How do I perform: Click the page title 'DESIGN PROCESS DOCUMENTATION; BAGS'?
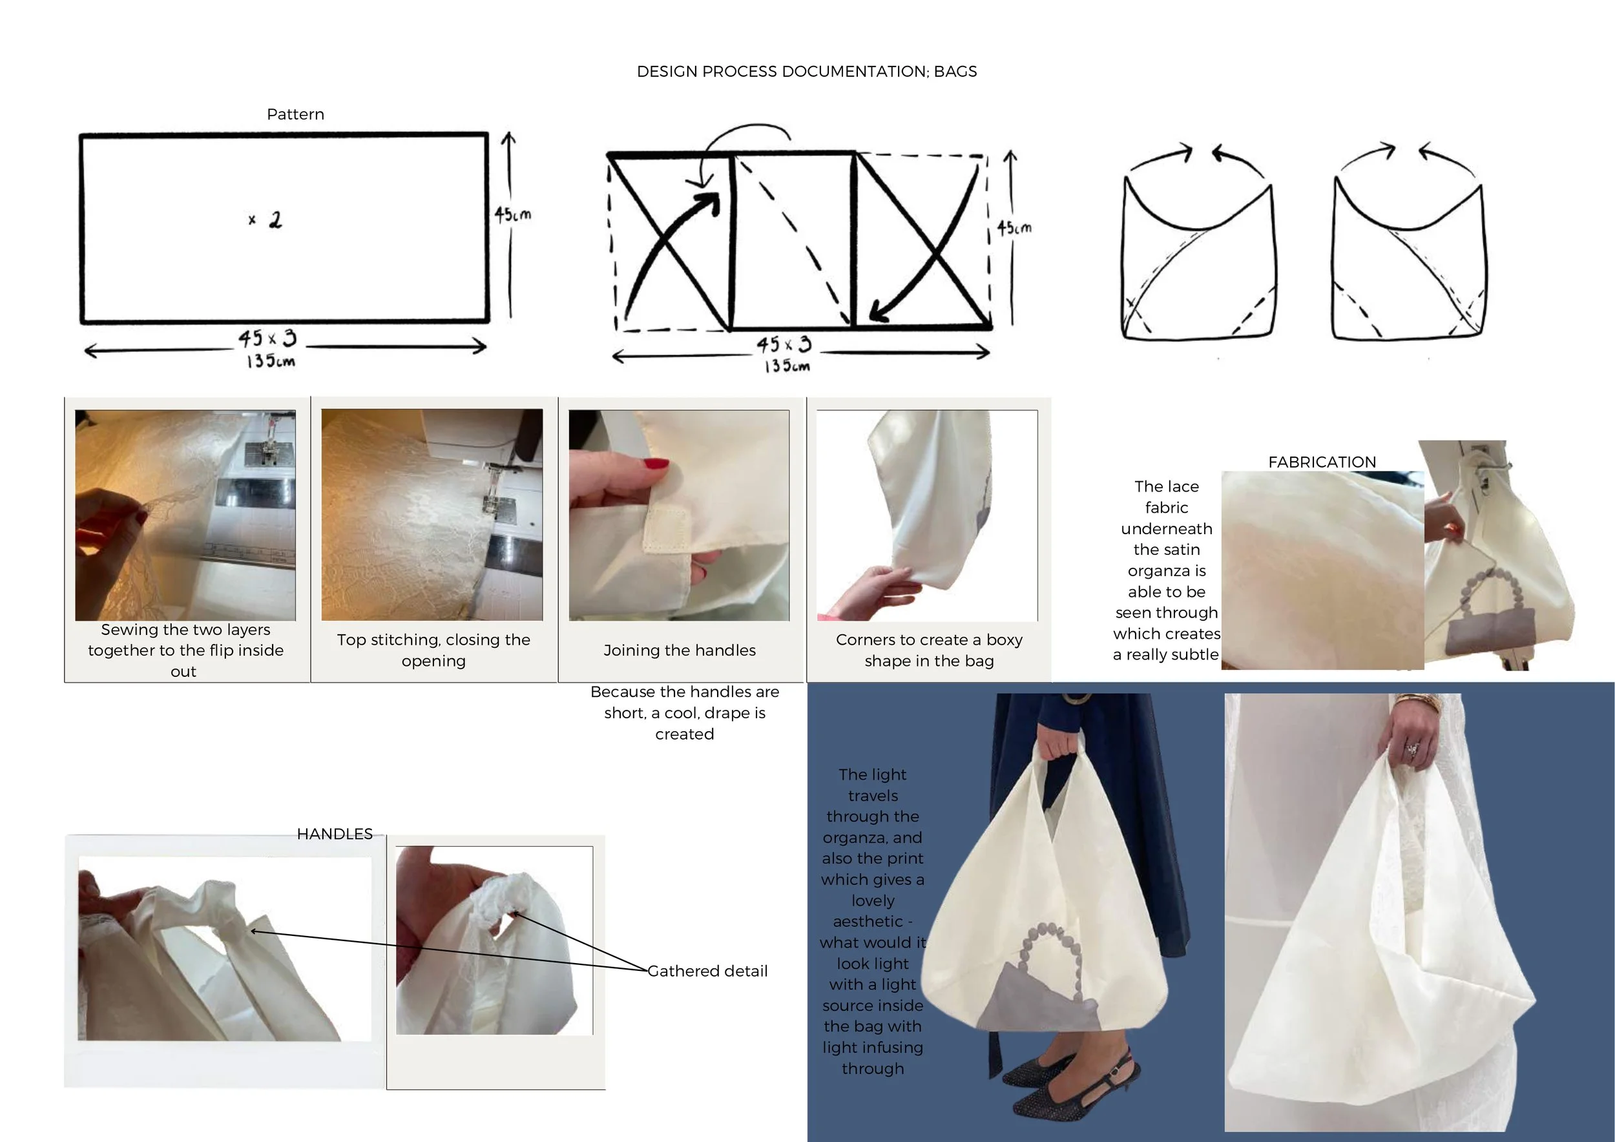807,72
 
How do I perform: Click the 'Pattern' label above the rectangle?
295,114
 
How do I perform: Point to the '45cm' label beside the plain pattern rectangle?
513,214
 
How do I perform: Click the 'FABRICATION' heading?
1322,462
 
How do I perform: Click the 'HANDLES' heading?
335,834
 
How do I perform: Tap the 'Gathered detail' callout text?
707,971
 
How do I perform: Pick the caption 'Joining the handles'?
680,650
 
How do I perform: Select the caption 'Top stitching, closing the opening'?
433,650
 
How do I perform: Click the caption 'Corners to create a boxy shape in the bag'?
929,650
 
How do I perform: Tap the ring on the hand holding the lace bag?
1412,748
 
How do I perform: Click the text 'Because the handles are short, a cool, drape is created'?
684,713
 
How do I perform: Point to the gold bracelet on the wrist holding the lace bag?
1419,700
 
